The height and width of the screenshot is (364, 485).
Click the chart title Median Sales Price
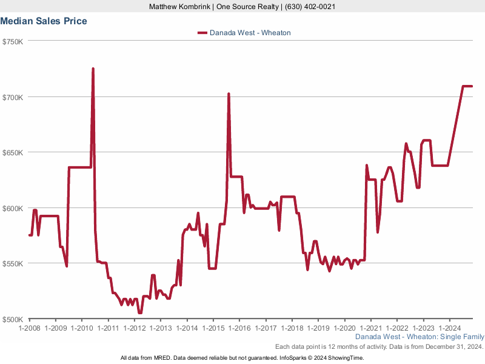[x=44, y=21]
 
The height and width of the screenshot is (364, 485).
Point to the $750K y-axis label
[x=13, y=41]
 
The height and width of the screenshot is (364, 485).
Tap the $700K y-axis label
[x=13, y=97]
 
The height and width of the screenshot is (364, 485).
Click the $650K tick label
[x=13, y=152]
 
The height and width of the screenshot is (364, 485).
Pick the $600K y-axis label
[x=13, y=208]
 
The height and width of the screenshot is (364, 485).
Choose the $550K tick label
[x=13, y=264]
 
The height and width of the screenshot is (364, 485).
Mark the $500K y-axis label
[x=13, y=319]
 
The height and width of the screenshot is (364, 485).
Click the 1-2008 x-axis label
[x=29, y=328]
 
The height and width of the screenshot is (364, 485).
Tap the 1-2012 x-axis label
[x=134, y=328]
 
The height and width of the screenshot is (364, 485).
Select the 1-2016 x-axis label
[x=239, y=328]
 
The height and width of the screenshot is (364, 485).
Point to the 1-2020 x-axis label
[x=344, y=328]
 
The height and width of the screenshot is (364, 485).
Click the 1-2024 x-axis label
[x=449, y=328]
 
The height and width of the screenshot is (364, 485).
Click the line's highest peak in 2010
[x=93, y=69]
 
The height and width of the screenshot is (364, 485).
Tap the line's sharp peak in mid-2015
[x=229, y=94]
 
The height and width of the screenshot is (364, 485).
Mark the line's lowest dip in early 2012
[x=140, y=312]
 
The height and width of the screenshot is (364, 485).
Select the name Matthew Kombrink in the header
[x=179, y=7]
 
